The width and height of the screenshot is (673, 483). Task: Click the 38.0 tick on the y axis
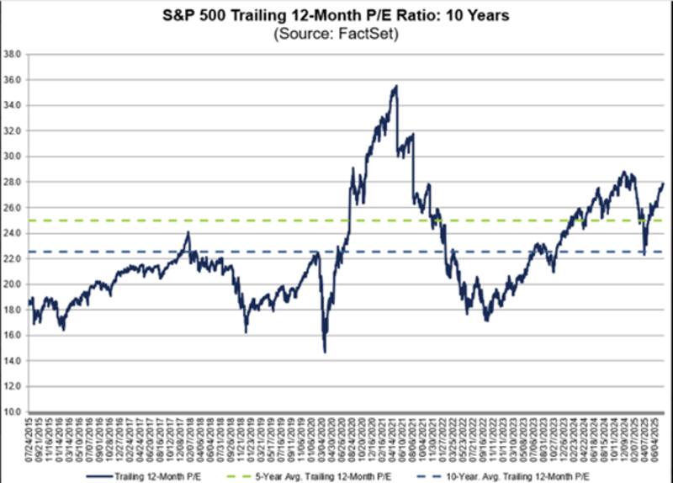[13, 54]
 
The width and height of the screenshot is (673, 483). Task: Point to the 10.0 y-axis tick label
[13, 412]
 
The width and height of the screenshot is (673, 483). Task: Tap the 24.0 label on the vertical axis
[13, 233]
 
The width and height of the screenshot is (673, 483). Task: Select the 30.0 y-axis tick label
[13, 157]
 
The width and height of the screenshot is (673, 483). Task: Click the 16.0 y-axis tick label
[13, 336]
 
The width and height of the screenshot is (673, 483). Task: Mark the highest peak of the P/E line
[396, 85]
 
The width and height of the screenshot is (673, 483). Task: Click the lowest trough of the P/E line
[325, 352]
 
